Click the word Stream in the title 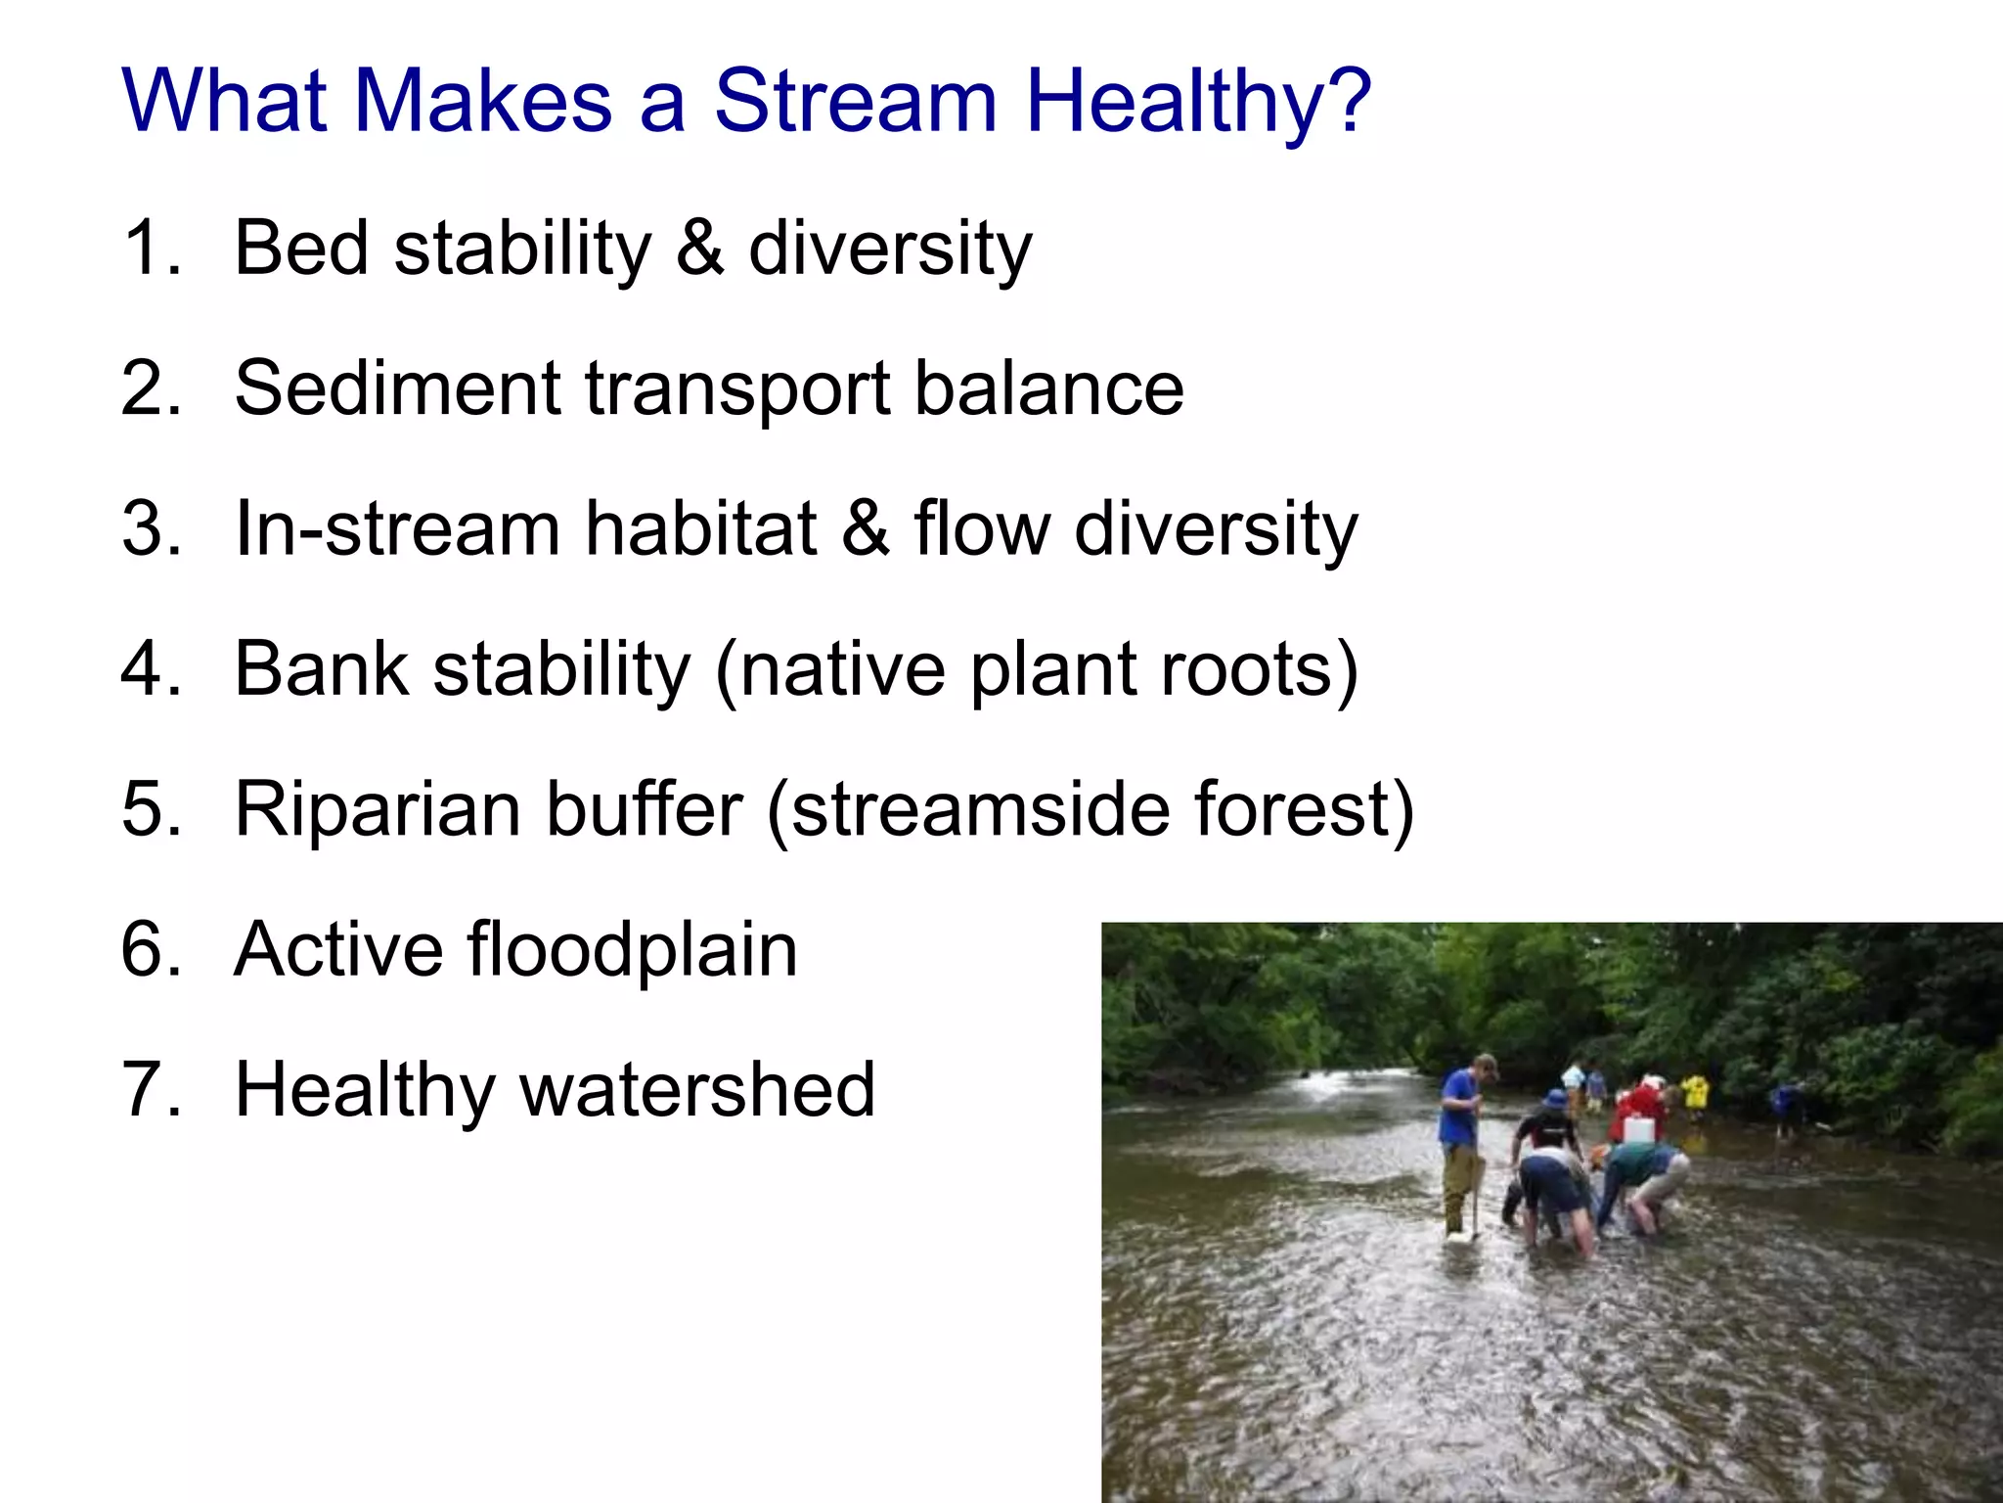[855, 101]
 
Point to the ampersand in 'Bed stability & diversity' [699, 248]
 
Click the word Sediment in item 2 [397, 387]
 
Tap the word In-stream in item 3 [397, 528]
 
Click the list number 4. [151, 669]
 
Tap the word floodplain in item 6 [632, 949]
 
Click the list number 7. [151, 1090]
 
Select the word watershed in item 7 [696, 1090]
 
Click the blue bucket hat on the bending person [1555, 1100]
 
